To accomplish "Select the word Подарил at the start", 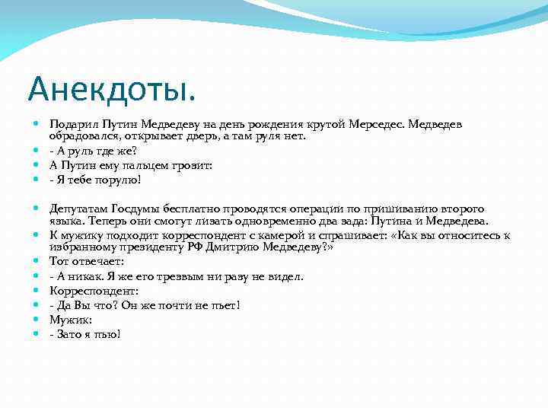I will tap(72, 123).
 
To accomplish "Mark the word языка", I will tap(65, 221).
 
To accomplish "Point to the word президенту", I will tap(145, 247).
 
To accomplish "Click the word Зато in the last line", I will tap(70, 334).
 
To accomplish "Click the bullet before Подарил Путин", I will tap(37, 123).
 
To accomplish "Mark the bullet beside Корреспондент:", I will tap(37, 291).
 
